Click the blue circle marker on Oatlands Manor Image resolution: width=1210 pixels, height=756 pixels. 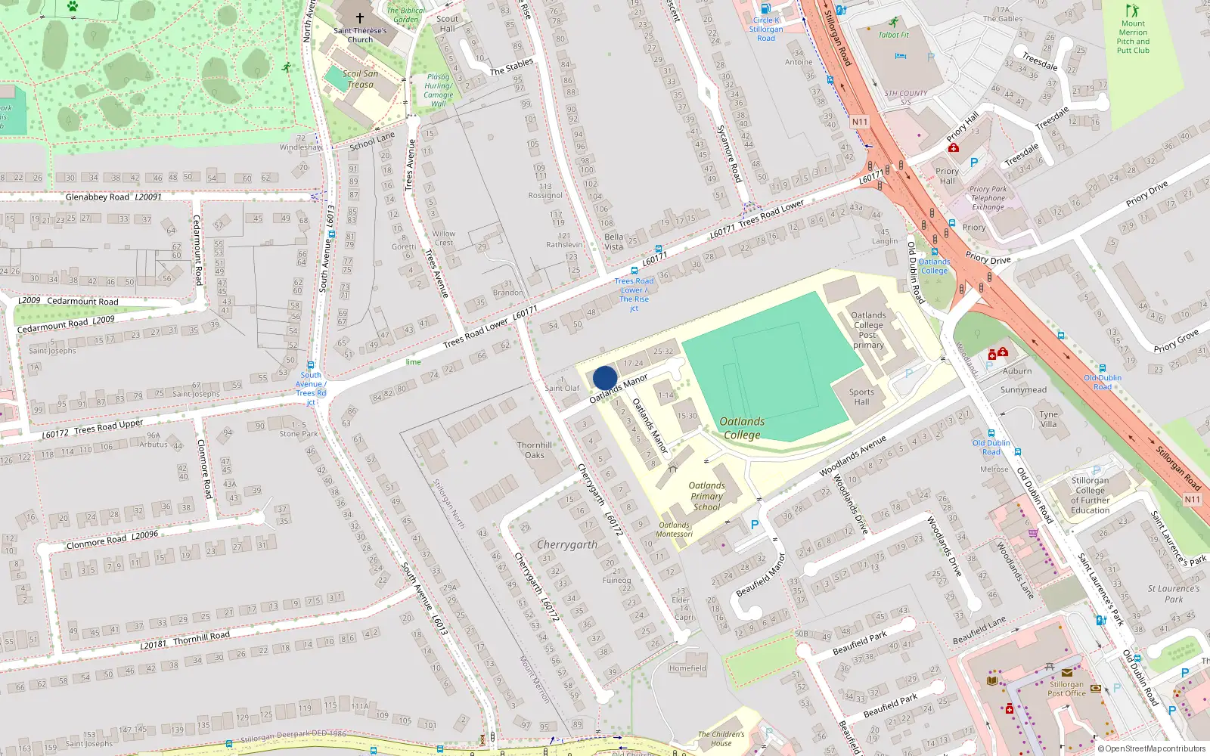(x=605, y=378)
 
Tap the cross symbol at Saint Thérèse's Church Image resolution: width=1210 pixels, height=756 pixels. (x=360, y=18)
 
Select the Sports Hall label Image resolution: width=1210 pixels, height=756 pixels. (x=861, y=397)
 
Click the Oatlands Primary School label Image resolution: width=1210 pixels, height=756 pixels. (x=706, y=497)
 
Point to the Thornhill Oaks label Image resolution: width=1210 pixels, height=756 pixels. (x=535, y=450)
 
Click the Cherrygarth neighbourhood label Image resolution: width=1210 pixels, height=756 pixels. (x=566, y=544)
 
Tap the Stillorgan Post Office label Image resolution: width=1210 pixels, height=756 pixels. (x=1066, y=689)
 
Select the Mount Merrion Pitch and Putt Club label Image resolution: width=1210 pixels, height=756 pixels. (x=1133, y=37)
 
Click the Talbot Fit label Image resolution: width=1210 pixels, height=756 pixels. (x=894, y=35)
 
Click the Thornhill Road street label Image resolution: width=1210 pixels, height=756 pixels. (x=201, y=639)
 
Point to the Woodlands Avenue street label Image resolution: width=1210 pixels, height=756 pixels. (x=852, y=457)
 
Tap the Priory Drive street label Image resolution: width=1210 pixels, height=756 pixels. (x=1146, y=193)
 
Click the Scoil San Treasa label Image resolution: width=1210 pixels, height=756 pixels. (x=360, y=79)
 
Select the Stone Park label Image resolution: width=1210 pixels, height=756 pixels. (x=299, y=434)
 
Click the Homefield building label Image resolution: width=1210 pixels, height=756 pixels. (x=687, y=668)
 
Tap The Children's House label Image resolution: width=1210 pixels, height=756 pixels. (x=721, y=739)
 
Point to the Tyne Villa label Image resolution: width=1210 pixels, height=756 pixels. (x=1048, y=419)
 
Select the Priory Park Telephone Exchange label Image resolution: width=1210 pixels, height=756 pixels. (x=988, y=198)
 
